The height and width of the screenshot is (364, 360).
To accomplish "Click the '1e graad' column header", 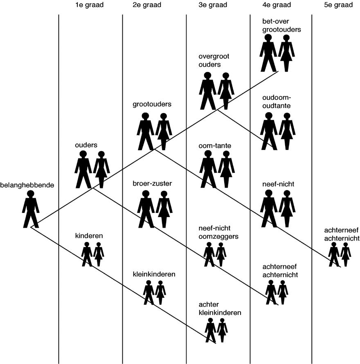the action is [x=89, y=5].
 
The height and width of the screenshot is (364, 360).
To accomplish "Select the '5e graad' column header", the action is [x=338, y=5].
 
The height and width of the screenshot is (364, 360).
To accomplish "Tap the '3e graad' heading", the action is [x=213, y=5].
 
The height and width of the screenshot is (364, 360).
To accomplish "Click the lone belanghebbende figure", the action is [x=31, y=209].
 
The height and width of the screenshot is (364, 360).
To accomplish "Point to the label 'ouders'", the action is [x=86, y=145].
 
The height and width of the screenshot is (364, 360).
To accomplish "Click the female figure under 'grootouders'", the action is [x=164, y=131].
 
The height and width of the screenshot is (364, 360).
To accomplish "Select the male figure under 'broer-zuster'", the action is [x=146, y=209].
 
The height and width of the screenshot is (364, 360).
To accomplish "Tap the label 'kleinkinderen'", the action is [x=154, y=274].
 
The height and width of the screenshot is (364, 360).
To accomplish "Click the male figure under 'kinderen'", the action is [x=87, y=254].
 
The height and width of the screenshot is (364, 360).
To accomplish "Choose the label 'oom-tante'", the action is [x=215, y=146].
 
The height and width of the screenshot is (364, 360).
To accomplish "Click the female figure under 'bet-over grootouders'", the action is [x=286, y=53].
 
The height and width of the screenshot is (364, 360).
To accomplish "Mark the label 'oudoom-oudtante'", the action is [x=277, y=102].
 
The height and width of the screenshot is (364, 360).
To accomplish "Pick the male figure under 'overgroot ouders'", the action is [x=207, y=91].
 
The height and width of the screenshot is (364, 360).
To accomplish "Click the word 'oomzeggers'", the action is [x=218, y=237].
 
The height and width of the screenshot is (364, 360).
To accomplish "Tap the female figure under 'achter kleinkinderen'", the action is [x=222, y=330].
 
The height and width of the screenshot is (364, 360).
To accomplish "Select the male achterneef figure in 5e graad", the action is [x=334, y=254].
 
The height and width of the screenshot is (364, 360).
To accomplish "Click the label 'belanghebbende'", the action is [x=27, y=185].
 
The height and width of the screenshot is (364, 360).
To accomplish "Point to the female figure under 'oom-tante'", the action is [x=226, y=169].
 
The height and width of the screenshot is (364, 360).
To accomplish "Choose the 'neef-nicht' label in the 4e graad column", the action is [x=278, y=184].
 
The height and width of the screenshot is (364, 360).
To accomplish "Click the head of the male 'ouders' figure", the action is [x=83, y=154].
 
